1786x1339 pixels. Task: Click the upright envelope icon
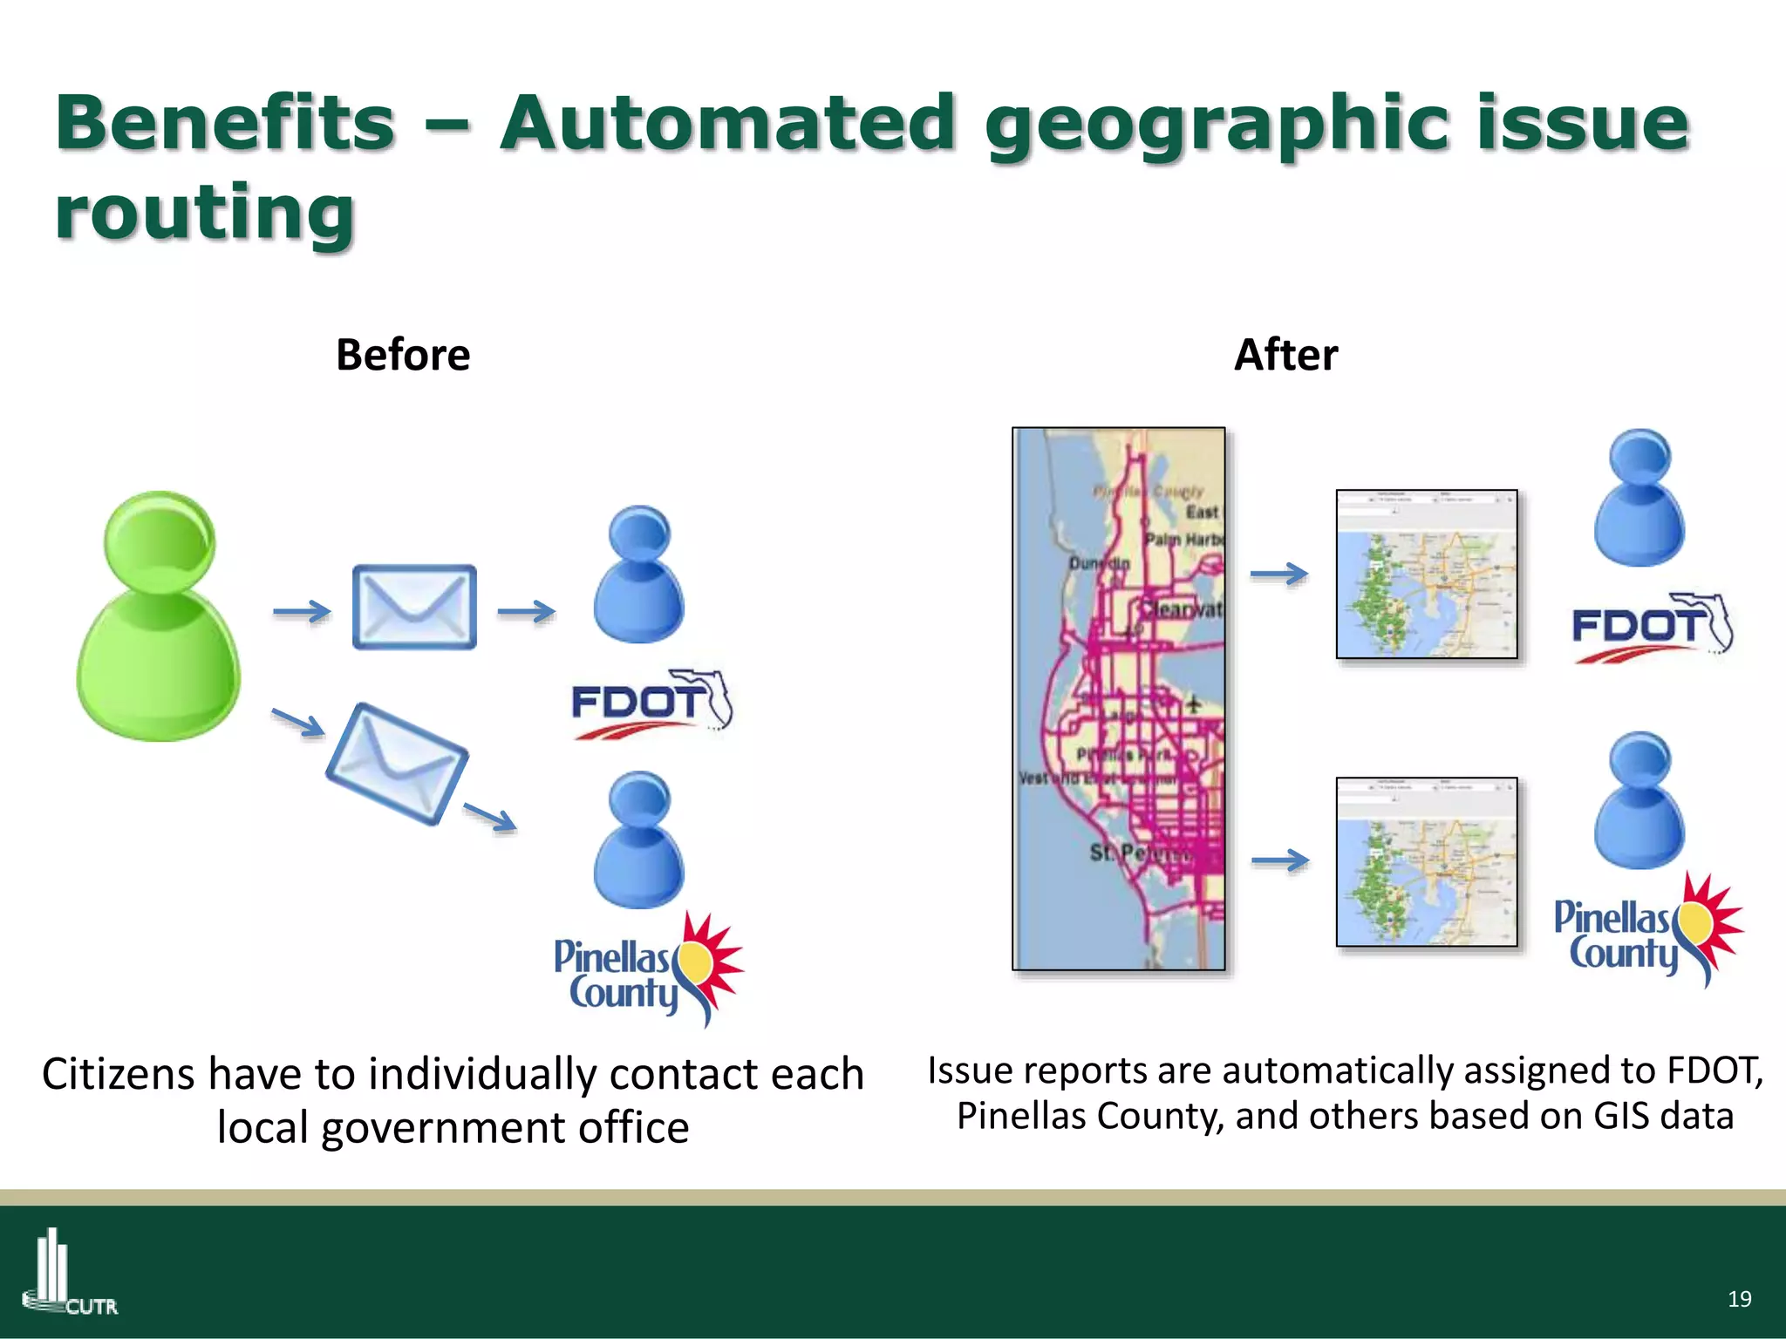point(414,607)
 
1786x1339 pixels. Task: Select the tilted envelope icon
point(397,764)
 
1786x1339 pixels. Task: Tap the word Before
point(403,355)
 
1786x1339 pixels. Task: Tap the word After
point(1285,355)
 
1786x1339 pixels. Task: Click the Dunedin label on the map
point(1099,564)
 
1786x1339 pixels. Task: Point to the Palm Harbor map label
point(1184,540)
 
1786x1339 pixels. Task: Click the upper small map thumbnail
point(1427,574)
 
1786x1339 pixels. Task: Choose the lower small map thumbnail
point(1427,862)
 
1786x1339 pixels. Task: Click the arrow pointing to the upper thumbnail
point(1279,574)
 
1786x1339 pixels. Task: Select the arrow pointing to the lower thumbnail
point(1279,861)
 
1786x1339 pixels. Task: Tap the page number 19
point(1739,1299)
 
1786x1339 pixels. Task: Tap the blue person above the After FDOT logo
point(1639,499)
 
